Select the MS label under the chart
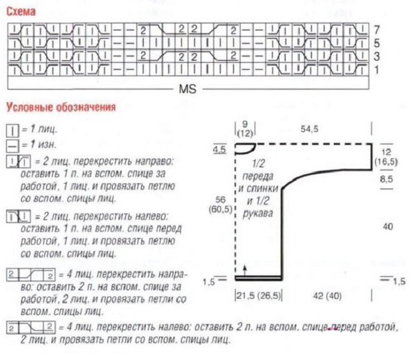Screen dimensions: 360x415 [189, 89]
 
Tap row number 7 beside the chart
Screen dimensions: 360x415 [376, 30]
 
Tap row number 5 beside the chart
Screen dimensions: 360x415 [376, 44]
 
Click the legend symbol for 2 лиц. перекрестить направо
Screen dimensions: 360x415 [17, 162]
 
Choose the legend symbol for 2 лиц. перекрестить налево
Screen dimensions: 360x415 [17, 217]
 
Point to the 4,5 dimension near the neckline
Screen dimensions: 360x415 [219, 149]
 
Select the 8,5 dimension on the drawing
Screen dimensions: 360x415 [387, 179]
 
